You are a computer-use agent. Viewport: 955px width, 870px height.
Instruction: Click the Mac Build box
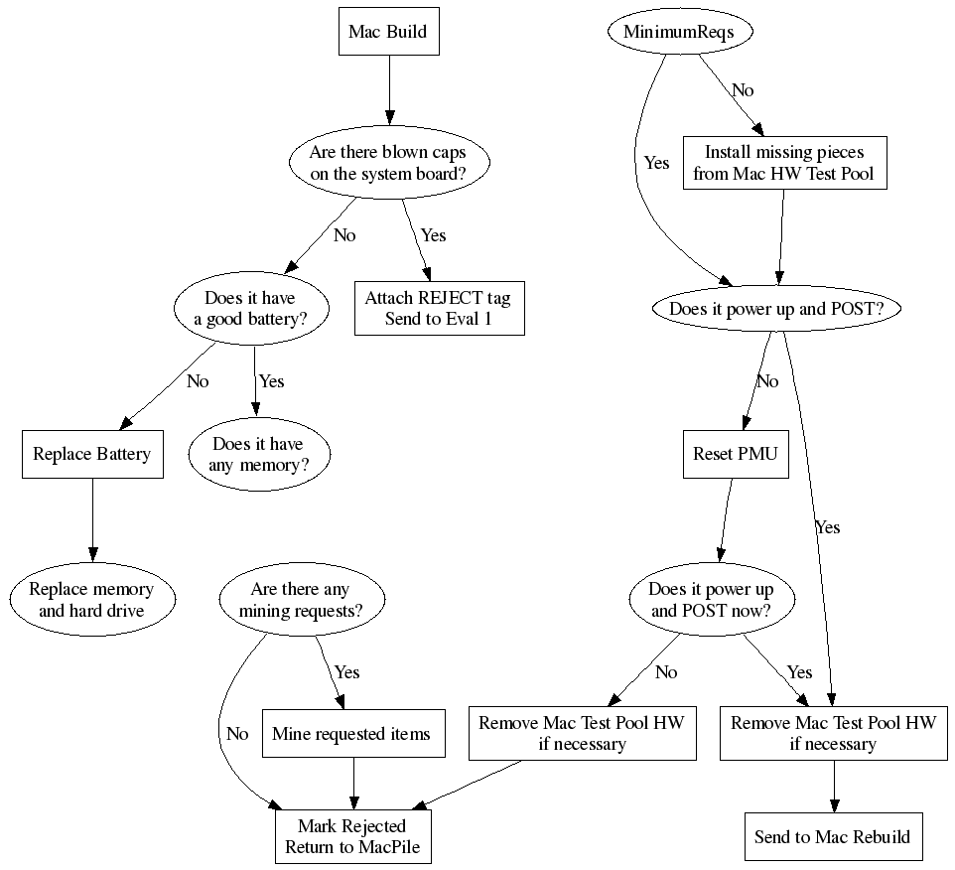pyautogui.click(x=387, y=32)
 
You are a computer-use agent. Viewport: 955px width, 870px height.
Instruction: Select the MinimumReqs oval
pyautogui.click(x=679, y=32)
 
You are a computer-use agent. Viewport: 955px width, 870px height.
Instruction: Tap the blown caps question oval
pyautogui.click(x=387, y=163)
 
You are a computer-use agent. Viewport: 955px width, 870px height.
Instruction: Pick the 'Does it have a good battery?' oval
pyautogui.click(x=249, y=308)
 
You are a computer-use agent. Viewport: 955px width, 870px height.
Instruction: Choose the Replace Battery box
pyautogui.click(x=92, y=454)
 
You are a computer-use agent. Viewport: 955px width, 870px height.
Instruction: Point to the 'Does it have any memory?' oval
pyautogui.click(x=258, y=454)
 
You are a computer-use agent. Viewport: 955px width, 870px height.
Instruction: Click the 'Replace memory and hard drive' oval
pyautogui.click(x=91, y=600)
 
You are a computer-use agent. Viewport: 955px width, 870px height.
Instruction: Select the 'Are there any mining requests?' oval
pyautogui.click(x=300, y=600)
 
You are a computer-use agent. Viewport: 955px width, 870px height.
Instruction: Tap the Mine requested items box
pyautogui.click(x=351, y=734)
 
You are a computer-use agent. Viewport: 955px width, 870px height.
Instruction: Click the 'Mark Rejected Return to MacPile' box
pyautogui.click(x=352, y=836)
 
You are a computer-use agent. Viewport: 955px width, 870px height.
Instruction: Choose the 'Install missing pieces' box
pyautogui.click(x=783, y=163)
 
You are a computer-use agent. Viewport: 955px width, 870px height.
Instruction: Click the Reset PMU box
pyautogui.click(x=736, y=455)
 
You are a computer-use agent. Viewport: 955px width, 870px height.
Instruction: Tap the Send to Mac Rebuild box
pyautogui.click(x=832, y=836)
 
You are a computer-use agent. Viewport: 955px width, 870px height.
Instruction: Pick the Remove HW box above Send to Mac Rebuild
pyautogui.click(x=833, y=734)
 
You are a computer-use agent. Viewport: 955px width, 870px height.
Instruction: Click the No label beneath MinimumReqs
pyautogui.click(x=743, y=90)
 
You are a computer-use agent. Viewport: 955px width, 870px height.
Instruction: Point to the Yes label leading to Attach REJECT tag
pyautogui.click(x=434, y=235)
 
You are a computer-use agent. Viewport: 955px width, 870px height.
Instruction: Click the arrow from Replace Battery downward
pyautogui.click(x=92, y=516)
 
